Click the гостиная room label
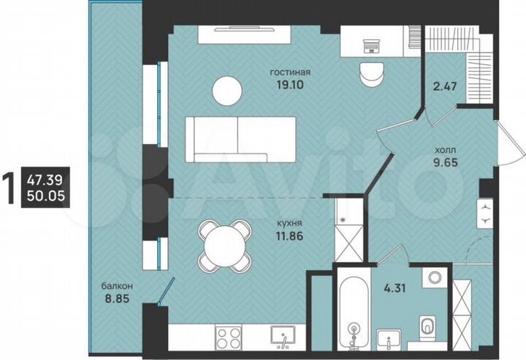click(291, 72)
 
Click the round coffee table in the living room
click(226, 91)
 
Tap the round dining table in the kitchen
click(223, 245)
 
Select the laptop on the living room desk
click(370, 44)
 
